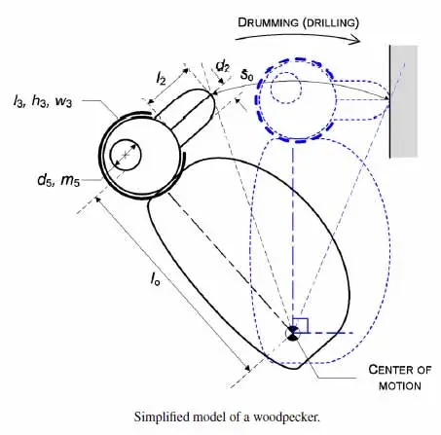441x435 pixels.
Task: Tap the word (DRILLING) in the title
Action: (332, 23)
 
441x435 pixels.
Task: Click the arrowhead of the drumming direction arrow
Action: (355, 40)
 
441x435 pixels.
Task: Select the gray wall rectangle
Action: (403, 101)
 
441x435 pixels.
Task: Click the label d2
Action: (223, 67)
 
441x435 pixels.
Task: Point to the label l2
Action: (161, 79)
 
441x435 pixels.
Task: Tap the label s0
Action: (246, 75)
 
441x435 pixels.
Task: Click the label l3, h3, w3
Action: (43, 101)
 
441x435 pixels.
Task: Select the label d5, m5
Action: (58, 179)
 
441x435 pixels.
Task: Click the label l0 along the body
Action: (155, 278)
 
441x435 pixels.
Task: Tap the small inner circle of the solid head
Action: (126, 155)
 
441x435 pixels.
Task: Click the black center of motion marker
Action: (293, 334)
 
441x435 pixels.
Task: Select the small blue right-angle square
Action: (300, 325)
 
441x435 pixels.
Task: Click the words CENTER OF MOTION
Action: (400, 378)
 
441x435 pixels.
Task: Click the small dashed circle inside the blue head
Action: (286, 88)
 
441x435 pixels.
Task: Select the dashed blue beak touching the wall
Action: (361, 99)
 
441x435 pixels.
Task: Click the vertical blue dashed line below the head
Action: (293, 233)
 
